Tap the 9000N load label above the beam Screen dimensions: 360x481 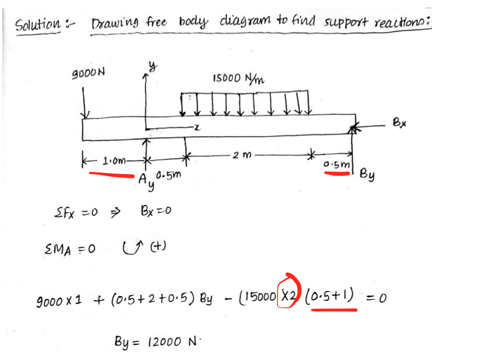pos(88,73)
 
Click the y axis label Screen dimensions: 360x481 pos(151,68)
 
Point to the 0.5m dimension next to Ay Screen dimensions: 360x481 pos(168,176)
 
